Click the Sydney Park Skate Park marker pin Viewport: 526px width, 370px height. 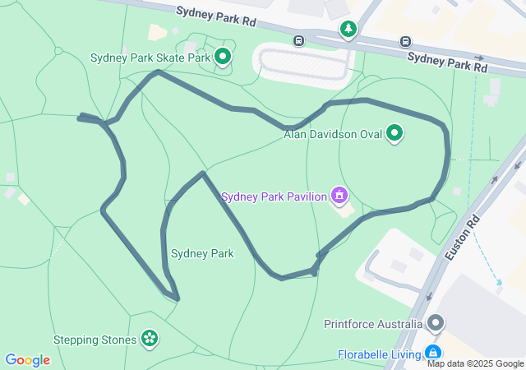click(x=223, y=56)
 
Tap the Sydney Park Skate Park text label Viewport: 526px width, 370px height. click(x=150, y=58)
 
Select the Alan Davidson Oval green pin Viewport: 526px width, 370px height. click(x=394, y=132)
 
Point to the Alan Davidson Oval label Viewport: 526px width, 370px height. click(x=333, y=134)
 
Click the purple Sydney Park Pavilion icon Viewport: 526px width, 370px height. click(x=338, y=195)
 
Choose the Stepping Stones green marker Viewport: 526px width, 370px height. click(x=149, y=337)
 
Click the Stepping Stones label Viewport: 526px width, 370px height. click(x=95, y=340)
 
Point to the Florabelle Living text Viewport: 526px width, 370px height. click(x=379, y=355)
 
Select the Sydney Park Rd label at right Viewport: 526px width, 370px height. click(x=447, y=61)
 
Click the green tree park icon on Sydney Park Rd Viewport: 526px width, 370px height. click(x=348, y=30)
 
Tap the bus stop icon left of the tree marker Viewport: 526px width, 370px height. click(x=299, y=39)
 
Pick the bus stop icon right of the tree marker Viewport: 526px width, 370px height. click(x=405, y=41)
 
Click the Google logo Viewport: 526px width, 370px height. click(x=27, y=360)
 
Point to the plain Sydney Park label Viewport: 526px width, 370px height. click(x=202, y=253)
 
